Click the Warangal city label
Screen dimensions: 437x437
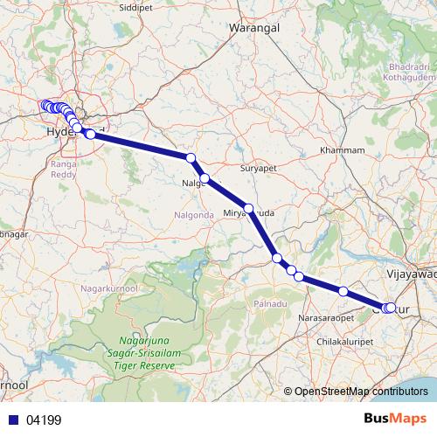coord(253,28)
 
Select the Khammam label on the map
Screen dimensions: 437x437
coord(342,150)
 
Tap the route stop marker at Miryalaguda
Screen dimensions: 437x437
coord(249,209)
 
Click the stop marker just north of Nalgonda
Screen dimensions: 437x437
coord(191,157)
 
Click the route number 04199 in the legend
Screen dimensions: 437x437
coord(44,420)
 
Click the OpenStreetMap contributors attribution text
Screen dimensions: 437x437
coord(361,391)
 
